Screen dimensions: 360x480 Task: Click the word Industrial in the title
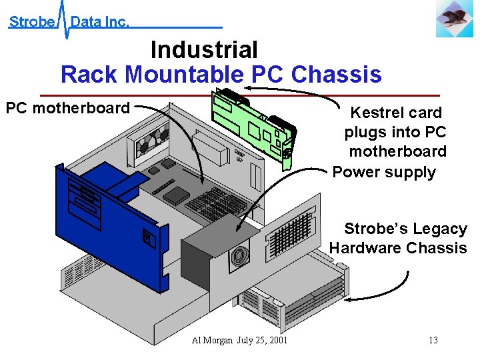click(x=204, y=50)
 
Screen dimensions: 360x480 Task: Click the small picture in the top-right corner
click(x=455, y=18)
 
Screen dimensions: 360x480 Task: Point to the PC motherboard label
click(x=67, y=108)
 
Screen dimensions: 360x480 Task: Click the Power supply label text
click(x=384, y=172)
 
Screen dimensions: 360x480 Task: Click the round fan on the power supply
click(x=238, y=256)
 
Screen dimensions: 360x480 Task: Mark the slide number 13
click(x=433, y=340)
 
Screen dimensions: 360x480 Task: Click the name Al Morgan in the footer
click(x=212, y=340)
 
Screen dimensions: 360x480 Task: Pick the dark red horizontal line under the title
click(x=240, y=95)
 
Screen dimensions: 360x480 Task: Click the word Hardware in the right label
click(x=364, y=248)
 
